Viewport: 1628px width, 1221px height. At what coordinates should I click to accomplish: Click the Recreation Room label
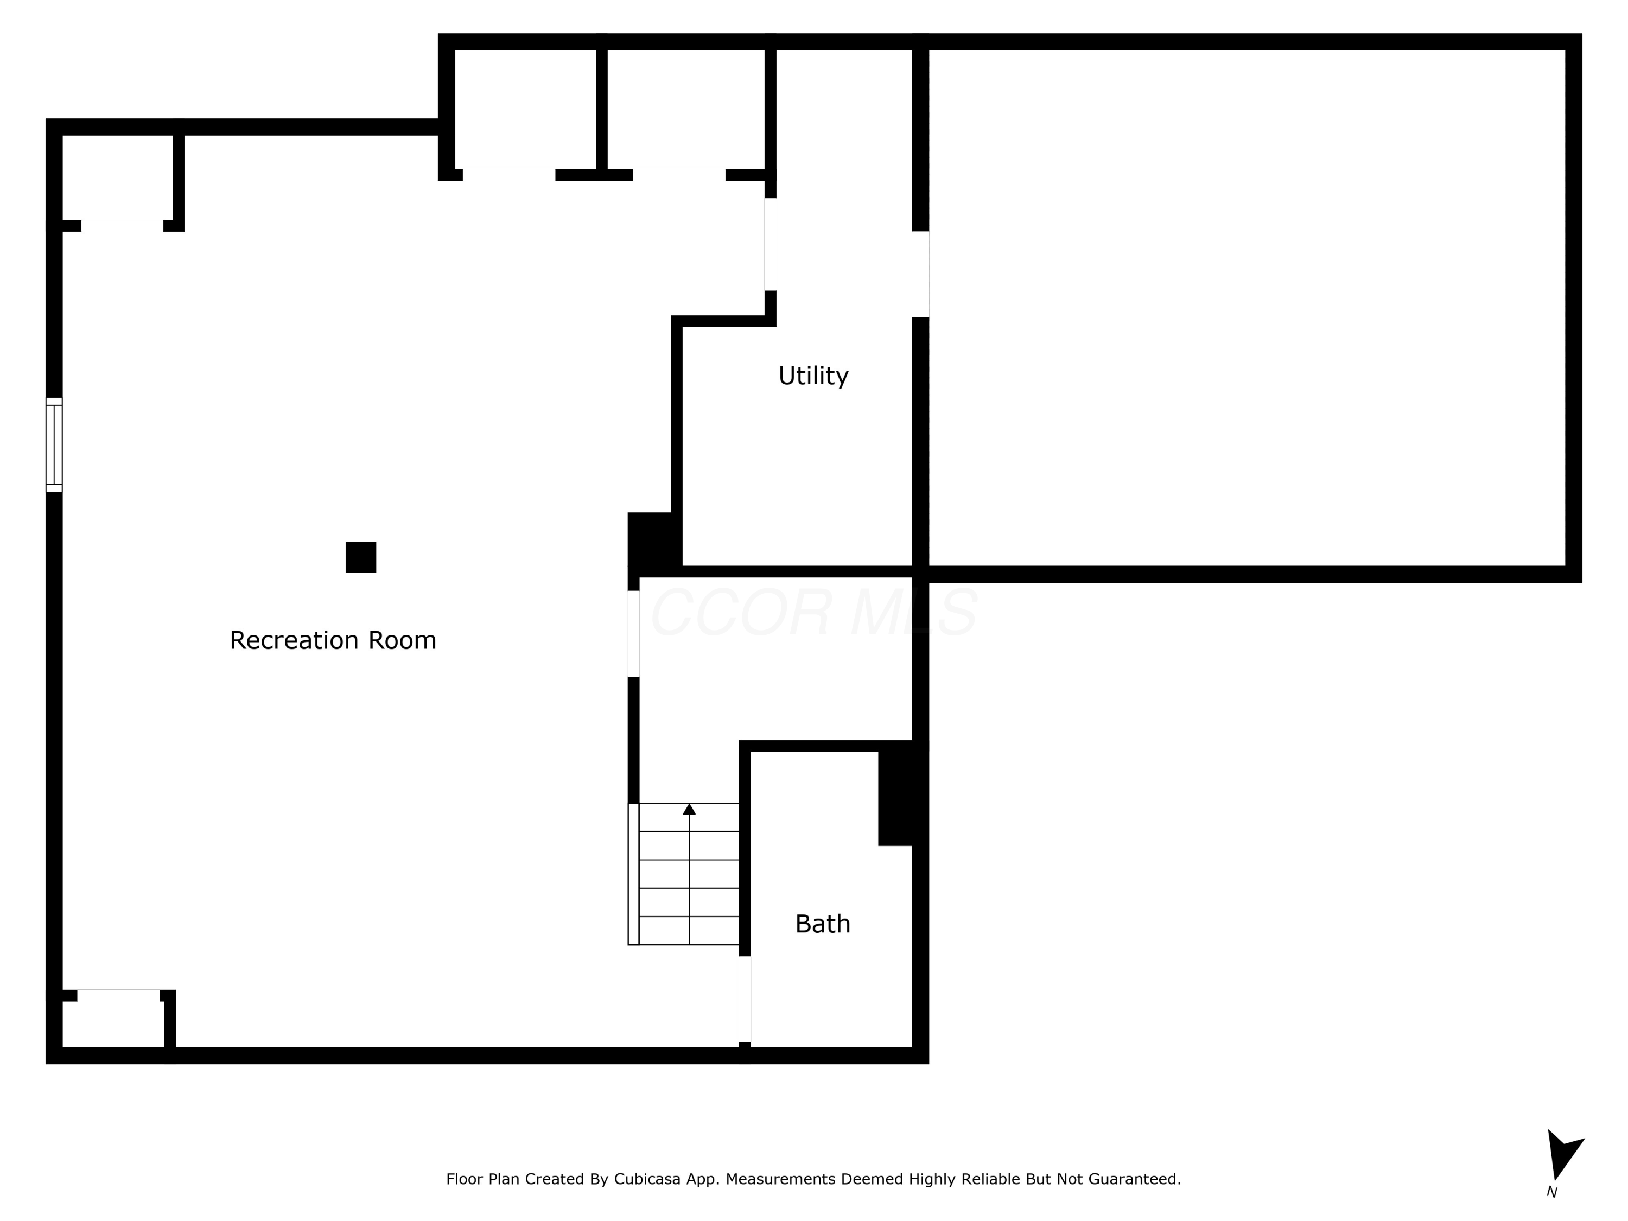(333, 640)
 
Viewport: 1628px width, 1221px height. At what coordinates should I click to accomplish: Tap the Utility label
(813, 376)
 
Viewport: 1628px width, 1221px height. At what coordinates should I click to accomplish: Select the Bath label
(823, 924)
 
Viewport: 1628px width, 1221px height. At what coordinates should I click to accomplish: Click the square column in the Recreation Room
(361, 557)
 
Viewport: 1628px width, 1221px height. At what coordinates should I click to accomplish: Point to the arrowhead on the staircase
(689, 810)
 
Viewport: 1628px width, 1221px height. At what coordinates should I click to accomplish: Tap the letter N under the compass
(1551, 1192)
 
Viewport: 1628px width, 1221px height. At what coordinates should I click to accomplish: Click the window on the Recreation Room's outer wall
(54, 444)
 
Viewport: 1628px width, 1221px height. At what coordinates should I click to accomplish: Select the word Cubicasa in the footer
(647, 1179)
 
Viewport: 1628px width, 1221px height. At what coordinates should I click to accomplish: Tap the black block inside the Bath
(895, 798)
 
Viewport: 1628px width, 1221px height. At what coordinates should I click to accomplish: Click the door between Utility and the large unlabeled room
(920, 275)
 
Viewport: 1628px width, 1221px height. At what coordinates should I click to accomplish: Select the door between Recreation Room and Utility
(770, 244)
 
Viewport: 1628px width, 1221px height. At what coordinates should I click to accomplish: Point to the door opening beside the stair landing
(633, 634)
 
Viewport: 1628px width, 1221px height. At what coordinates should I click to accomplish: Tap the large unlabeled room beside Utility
(1247, 308)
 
